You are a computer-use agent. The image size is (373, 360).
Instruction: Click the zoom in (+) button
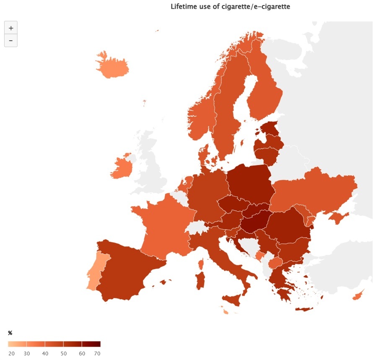coord(11,28)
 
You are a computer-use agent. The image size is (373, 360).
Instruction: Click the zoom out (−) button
coord(11,41)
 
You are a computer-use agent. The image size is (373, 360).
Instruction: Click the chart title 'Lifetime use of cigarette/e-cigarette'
coord(230,7)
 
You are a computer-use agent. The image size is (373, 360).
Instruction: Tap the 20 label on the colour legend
coord(11,354)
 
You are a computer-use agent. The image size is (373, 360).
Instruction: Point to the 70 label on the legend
coord(97,354)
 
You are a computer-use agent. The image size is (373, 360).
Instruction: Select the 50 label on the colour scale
coord(63,354)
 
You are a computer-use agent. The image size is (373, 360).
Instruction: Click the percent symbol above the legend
coord(10,333)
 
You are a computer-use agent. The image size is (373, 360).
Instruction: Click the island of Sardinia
coord(200,280)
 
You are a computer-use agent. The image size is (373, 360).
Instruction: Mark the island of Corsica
coord(201,264)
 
